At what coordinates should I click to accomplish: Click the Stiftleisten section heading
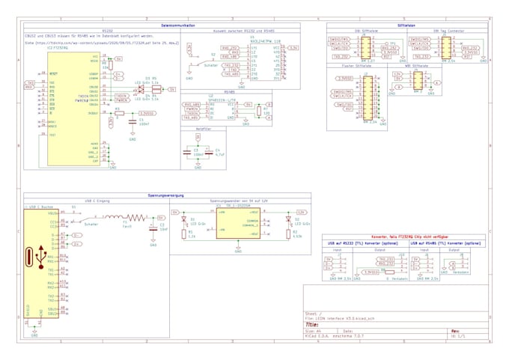[408, 25]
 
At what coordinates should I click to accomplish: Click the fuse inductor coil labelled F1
[127, 219]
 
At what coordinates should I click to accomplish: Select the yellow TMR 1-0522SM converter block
[238, 224]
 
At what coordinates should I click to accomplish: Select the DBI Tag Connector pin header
[447, 48]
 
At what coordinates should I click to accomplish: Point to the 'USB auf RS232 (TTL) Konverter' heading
[362, 244]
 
